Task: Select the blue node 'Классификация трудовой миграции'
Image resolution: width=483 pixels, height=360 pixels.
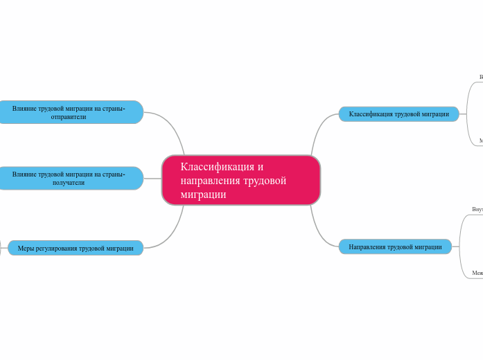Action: [398, 114]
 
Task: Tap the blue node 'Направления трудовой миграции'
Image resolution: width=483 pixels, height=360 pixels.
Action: [395, 247]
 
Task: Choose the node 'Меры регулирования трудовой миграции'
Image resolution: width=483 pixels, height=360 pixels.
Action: [76, 248]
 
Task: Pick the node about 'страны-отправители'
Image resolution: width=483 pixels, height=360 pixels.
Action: [69, 112]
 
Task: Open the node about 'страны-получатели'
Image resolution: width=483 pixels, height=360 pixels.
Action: [69, 179]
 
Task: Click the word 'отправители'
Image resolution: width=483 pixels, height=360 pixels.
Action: [69, 117]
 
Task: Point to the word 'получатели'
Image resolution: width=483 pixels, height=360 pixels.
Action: [69, 183]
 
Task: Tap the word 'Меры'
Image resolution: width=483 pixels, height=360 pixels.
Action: [26, 248]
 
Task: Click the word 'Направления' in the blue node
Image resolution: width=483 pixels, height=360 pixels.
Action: [367, 247]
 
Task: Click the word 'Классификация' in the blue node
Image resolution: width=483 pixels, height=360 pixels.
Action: [371, 114]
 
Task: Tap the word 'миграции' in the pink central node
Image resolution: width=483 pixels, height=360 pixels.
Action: [203, 195]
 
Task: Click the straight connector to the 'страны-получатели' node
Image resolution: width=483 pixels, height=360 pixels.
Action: [152, 179]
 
